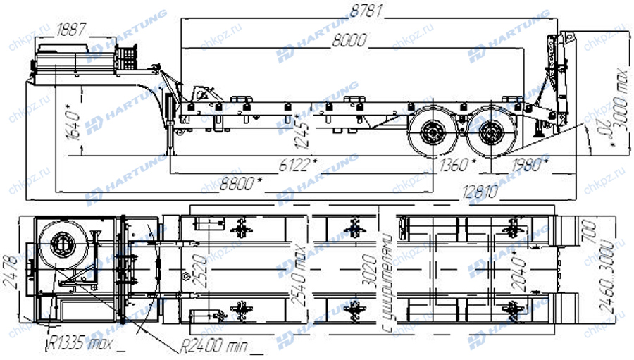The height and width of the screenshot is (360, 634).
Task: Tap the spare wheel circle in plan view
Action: click(x=61, y=247)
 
